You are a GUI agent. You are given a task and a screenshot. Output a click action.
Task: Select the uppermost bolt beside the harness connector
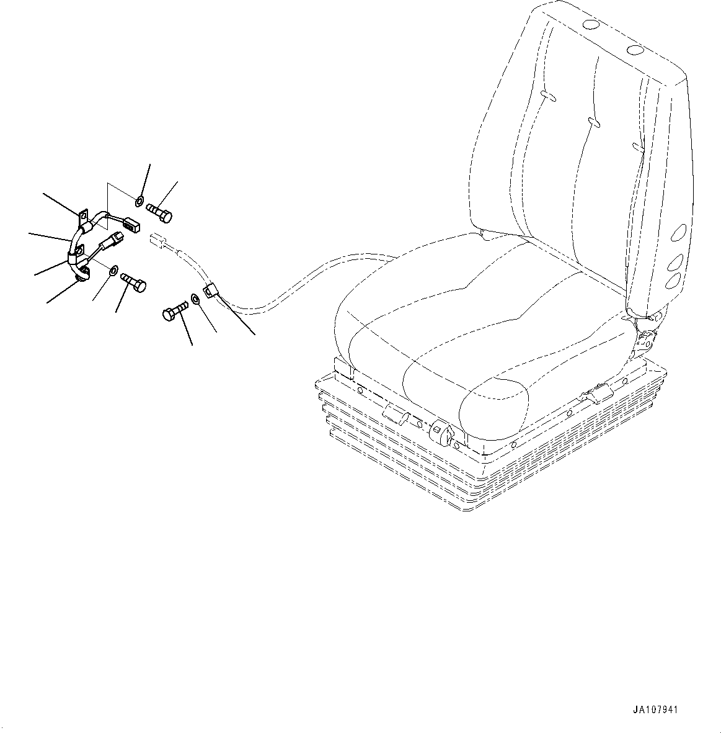(x=161, y=214)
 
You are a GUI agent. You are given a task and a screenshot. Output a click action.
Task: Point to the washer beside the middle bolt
(x=113, y=271)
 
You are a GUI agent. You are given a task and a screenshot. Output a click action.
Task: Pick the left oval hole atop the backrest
(x=591, y=25)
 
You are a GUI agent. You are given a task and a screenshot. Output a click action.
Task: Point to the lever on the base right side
(x=596, y=393)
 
